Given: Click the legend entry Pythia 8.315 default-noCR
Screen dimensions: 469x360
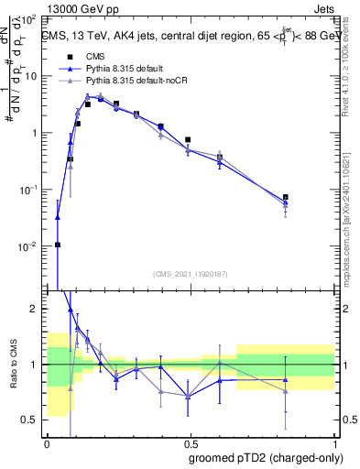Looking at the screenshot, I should [x=130, y=81].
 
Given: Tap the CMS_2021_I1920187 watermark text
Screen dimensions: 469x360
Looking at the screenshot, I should [x=190, y=274].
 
